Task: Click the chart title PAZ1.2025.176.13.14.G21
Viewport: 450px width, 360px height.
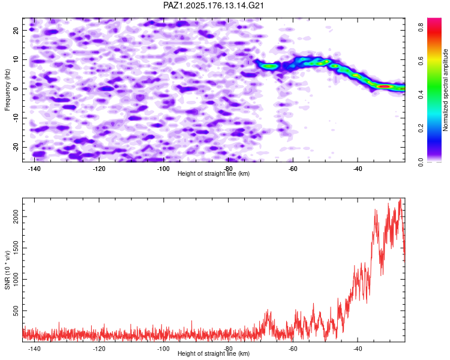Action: [213, 5]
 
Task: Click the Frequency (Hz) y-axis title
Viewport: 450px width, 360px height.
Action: [7, 90]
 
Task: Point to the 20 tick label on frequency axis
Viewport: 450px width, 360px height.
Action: [16, 30]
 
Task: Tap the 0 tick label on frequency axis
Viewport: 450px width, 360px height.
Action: [16, 89]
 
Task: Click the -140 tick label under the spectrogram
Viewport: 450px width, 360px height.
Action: [34, 169]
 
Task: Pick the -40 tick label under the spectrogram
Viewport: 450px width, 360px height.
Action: [358, 169]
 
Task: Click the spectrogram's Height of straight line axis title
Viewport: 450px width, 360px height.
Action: [214, 173]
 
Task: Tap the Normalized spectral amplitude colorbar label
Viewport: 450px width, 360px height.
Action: [445, 90]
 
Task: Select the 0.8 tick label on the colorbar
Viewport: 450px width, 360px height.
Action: [421, 27]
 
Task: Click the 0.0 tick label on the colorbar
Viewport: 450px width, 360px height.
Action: [421, 162]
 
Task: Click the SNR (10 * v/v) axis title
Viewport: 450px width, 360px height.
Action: [7, 270]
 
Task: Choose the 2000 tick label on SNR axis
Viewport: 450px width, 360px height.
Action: [16, 217]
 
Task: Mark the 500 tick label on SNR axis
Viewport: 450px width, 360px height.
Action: [16, 311]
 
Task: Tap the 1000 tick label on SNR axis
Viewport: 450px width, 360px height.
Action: [16, 279]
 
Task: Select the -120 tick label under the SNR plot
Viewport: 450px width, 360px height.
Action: [99, 349]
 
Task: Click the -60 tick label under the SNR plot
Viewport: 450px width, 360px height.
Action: [293, 349]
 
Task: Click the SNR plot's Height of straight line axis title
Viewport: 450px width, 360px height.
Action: [214, 353]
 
